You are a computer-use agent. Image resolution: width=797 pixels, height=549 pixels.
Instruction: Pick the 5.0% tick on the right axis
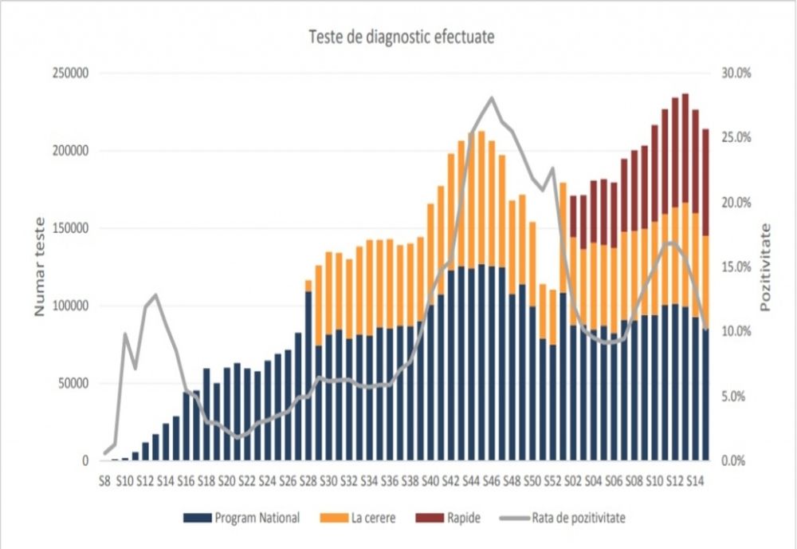tap(736, 397)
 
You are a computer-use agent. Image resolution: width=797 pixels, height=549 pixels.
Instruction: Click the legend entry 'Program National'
tap(257, 518)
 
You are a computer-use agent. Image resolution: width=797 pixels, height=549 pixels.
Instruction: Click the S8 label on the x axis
tap(104, 481)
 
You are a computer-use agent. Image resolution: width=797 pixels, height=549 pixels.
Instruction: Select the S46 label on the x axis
tap(491, 481)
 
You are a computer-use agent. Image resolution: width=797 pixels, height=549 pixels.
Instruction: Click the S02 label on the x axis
tap(572, 481)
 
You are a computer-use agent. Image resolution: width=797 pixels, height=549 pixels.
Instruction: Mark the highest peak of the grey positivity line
tap(492, 98)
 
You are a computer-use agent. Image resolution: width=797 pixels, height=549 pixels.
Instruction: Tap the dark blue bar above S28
tap(308, 375)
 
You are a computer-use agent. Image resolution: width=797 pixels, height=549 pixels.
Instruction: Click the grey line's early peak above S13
tap(155, 295)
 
